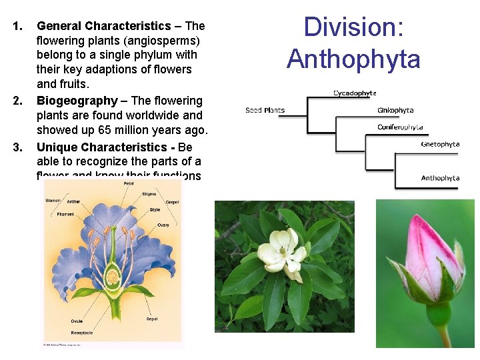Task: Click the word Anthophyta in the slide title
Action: tap(354, 59)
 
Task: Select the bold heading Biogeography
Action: tap(77, 101)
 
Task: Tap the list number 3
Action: tap(19, 147)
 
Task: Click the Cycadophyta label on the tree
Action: tap(355, 93)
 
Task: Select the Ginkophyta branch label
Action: tap(395, 110)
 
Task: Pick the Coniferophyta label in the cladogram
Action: tap(400, 127)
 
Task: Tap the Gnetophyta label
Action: tap(440, 144)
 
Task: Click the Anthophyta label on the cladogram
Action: tap(440, 178)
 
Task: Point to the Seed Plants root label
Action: tap(265, 110)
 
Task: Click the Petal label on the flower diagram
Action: tap(128, 183)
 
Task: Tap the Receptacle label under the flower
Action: tap(83, 332)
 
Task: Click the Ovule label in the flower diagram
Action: tap(77, 321)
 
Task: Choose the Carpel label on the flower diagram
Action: tap(172, 201)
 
